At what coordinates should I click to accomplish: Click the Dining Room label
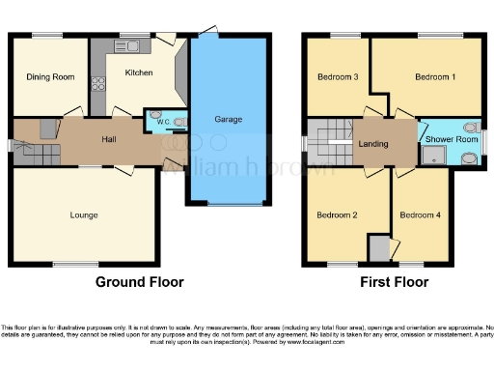pos(50,76)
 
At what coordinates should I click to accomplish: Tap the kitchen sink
pos(132,46)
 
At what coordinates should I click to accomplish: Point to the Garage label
pos(229,120)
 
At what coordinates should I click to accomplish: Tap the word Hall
pos(110,140)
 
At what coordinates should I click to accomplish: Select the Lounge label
pos(83,214)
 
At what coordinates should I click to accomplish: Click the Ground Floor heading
pos(139,283)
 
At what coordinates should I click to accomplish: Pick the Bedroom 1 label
pos(434,76)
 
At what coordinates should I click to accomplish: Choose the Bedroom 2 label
pos(337,214)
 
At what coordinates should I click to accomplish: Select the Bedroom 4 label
pos(420,214)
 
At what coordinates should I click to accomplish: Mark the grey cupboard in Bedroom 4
pos(382,248)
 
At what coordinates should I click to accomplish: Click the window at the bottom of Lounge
pos(75,265)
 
